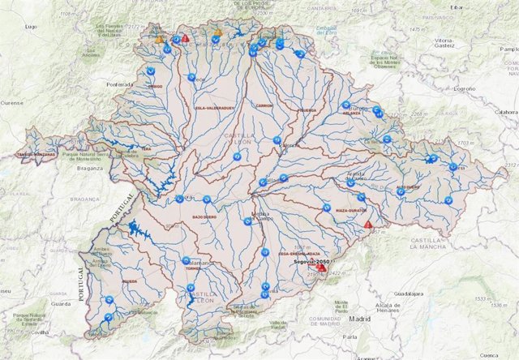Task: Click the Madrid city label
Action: point(359,319)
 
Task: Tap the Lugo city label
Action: point(32,27)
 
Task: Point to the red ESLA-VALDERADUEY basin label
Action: point(214,106)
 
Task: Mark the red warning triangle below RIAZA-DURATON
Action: point(368,225)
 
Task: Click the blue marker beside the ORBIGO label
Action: point(151,72)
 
